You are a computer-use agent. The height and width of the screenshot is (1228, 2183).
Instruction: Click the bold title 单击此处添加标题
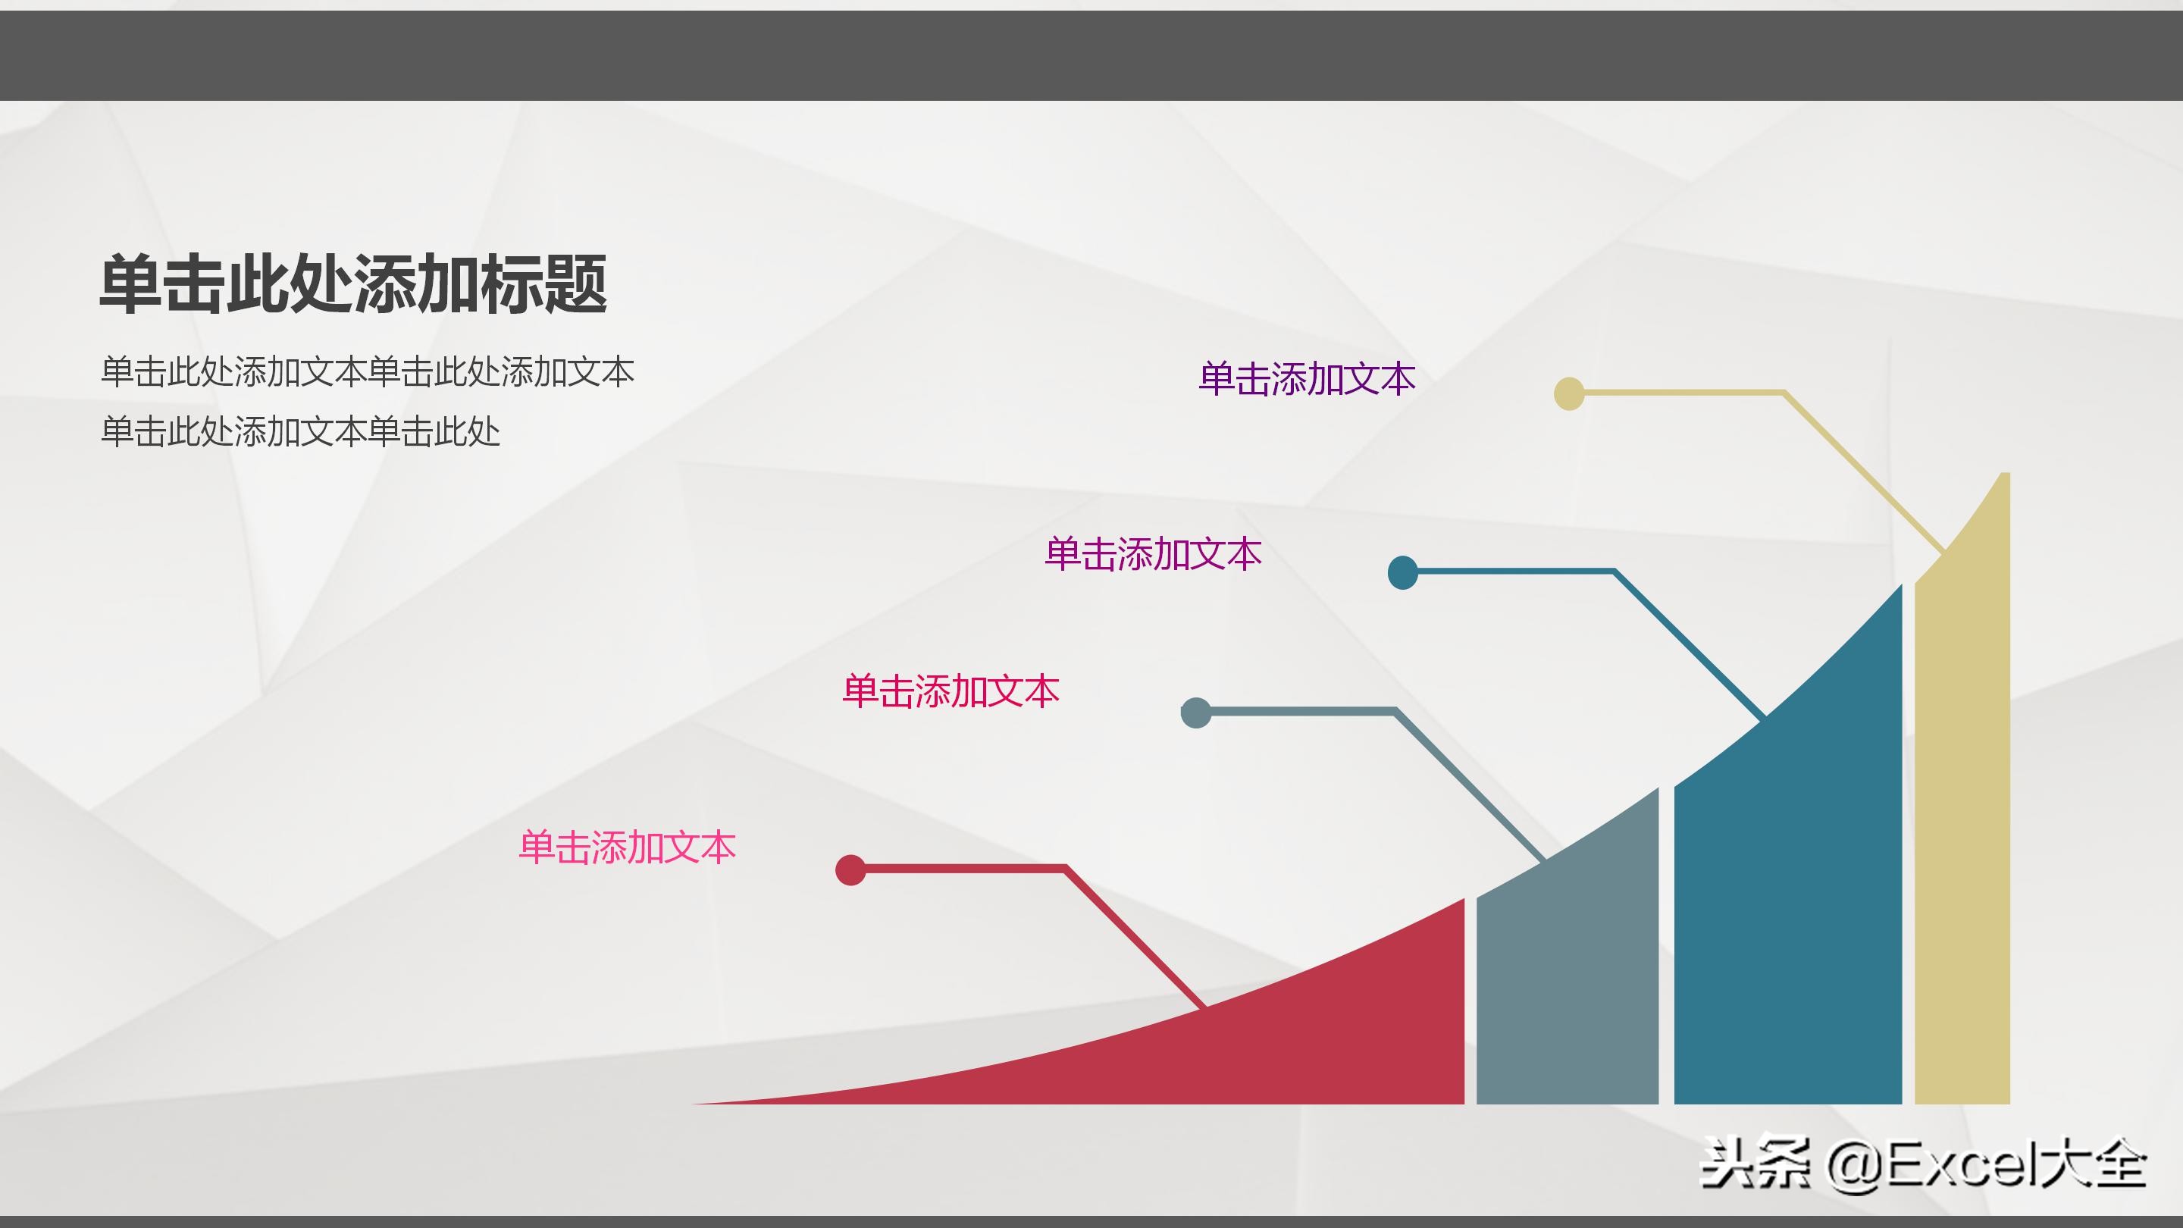click(x=353, y=284)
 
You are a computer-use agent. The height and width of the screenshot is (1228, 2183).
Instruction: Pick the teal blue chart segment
click(x=1788, y=915)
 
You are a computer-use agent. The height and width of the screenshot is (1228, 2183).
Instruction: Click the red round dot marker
click(x=850, y=869)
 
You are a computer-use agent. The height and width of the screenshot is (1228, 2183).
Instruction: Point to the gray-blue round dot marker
click(x=1196, y=713)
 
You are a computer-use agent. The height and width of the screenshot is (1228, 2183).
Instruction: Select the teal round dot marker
click(x=1402, y=573)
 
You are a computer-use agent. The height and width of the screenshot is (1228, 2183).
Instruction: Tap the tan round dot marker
click(x=1568, y=394)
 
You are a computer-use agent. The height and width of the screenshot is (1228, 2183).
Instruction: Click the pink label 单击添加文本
click(x=627, y=847)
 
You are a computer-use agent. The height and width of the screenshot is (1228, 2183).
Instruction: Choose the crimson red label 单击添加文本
click(x=950, y=691)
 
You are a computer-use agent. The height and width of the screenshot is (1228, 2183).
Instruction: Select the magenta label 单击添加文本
click(x=1152, y=554)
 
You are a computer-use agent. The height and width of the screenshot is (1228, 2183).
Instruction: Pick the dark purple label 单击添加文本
click(x=1307, y=379)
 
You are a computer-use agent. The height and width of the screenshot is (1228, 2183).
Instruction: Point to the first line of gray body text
click(x=367, y=373)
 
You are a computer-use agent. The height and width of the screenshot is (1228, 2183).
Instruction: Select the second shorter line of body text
click(x=300, y=432)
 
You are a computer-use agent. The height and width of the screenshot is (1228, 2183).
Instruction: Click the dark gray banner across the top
click(x=1091, y=55)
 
